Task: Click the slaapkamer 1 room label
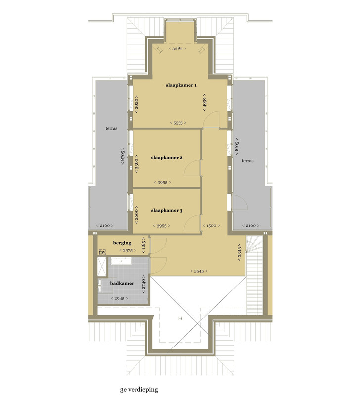pyautogui.click(x=181, y=85)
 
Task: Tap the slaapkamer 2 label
pyautogui.click(x=167, y=158)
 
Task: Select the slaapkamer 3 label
pyautogui.click(x=167, y=210)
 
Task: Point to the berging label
pyautogui.click(x=122, y=243)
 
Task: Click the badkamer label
pyautogui.click(x=122, y=283)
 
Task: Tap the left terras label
pyautogui.click(x=111, y=128)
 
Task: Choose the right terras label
pyautogui.click(x=247, y=161)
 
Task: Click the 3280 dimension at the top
pyautogui.click(x=178, y=48)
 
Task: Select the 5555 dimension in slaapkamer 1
pyautogui.click(x=178, y=123)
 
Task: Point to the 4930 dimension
pyautogui.click(x=204, y=102)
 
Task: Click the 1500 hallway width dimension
pyautogui.click(x=211, y=226)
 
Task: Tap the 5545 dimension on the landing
pyautogui.click(x=199, y=271)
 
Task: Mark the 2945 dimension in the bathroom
pyautogui.click(x=119, y=299)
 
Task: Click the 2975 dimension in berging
pyautogui.click(x=128, y=251)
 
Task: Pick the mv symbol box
pyautogui.click(x=102, y=252)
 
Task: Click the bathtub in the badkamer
pyautogui.click(x=121, y=261)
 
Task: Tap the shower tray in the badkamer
pyautogui.click(x=102, y=267)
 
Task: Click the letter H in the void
pyautogui.click(x=180, y=318)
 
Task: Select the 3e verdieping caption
pyautogui.click(x=139, y=390)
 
